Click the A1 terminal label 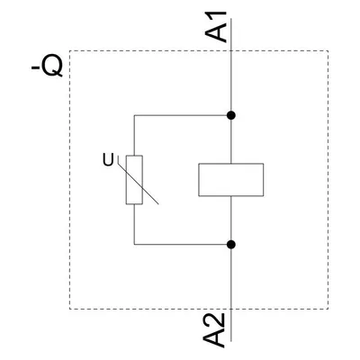coord(216,27)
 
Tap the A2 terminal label coord(214,330)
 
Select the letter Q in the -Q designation coord(52,66)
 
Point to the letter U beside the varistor coord(108,160)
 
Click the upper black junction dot coord(230,115)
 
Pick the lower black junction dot coord(230,245)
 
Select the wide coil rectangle coord(231,180)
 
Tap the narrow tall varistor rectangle coord(134,180)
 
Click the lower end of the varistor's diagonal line coord(158,204)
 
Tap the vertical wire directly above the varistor coord(134,136)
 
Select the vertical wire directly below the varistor coord(134,224)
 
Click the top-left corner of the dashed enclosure coord(70,50)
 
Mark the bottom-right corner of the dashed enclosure coord(328,309)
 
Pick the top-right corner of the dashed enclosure coord(328,50)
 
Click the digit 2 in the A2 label coord(215,320)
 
